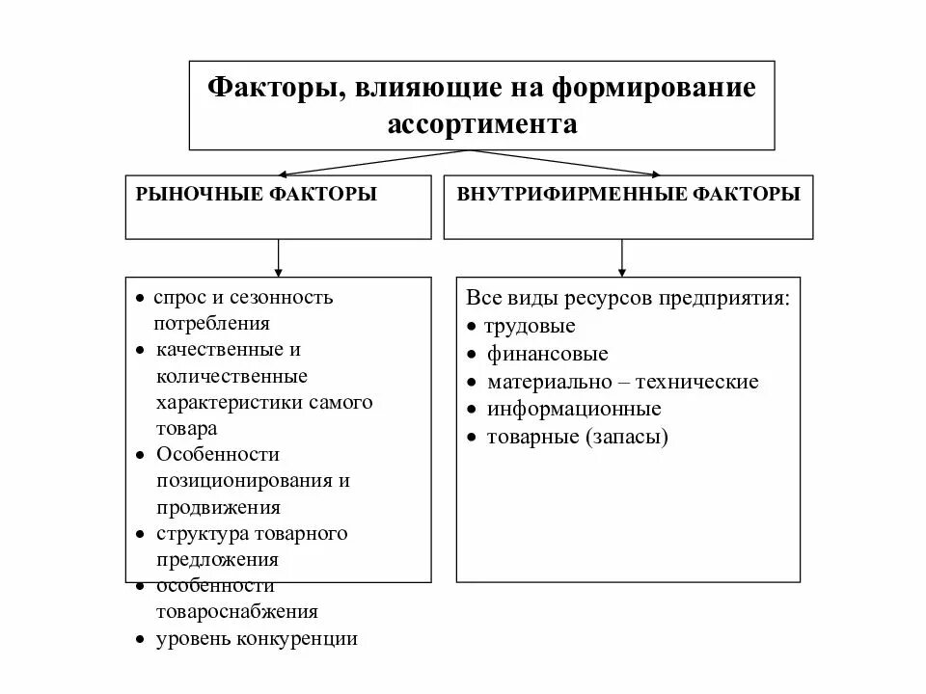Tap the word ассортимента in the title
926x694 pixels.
(x=482, y=125)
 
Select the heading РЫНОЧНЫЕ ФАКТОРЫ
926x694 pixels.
(x=257, y=195)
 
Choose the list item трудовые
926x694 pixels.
(x=531, y=326)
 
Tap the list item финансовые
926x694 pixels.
(x=547, y=354)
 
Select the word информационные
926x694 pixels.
(x=574, y=410)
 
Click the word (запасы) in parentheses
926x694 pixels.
(x=626, y=438)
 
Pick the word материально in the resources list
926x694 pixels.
(x=545, y=382)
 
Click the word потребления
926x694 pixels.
(x=211, y=324)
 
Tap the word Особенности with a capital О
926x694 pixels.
(x=217, y=454)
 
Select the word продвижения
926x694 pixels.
(x=218, y=507)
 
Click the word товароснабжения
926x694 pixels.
(x=236, y=612)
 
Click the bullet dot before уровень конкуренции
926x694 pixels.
(x=140, y=639)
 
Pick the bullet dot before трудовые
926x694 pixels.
(x=471, y=327)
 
